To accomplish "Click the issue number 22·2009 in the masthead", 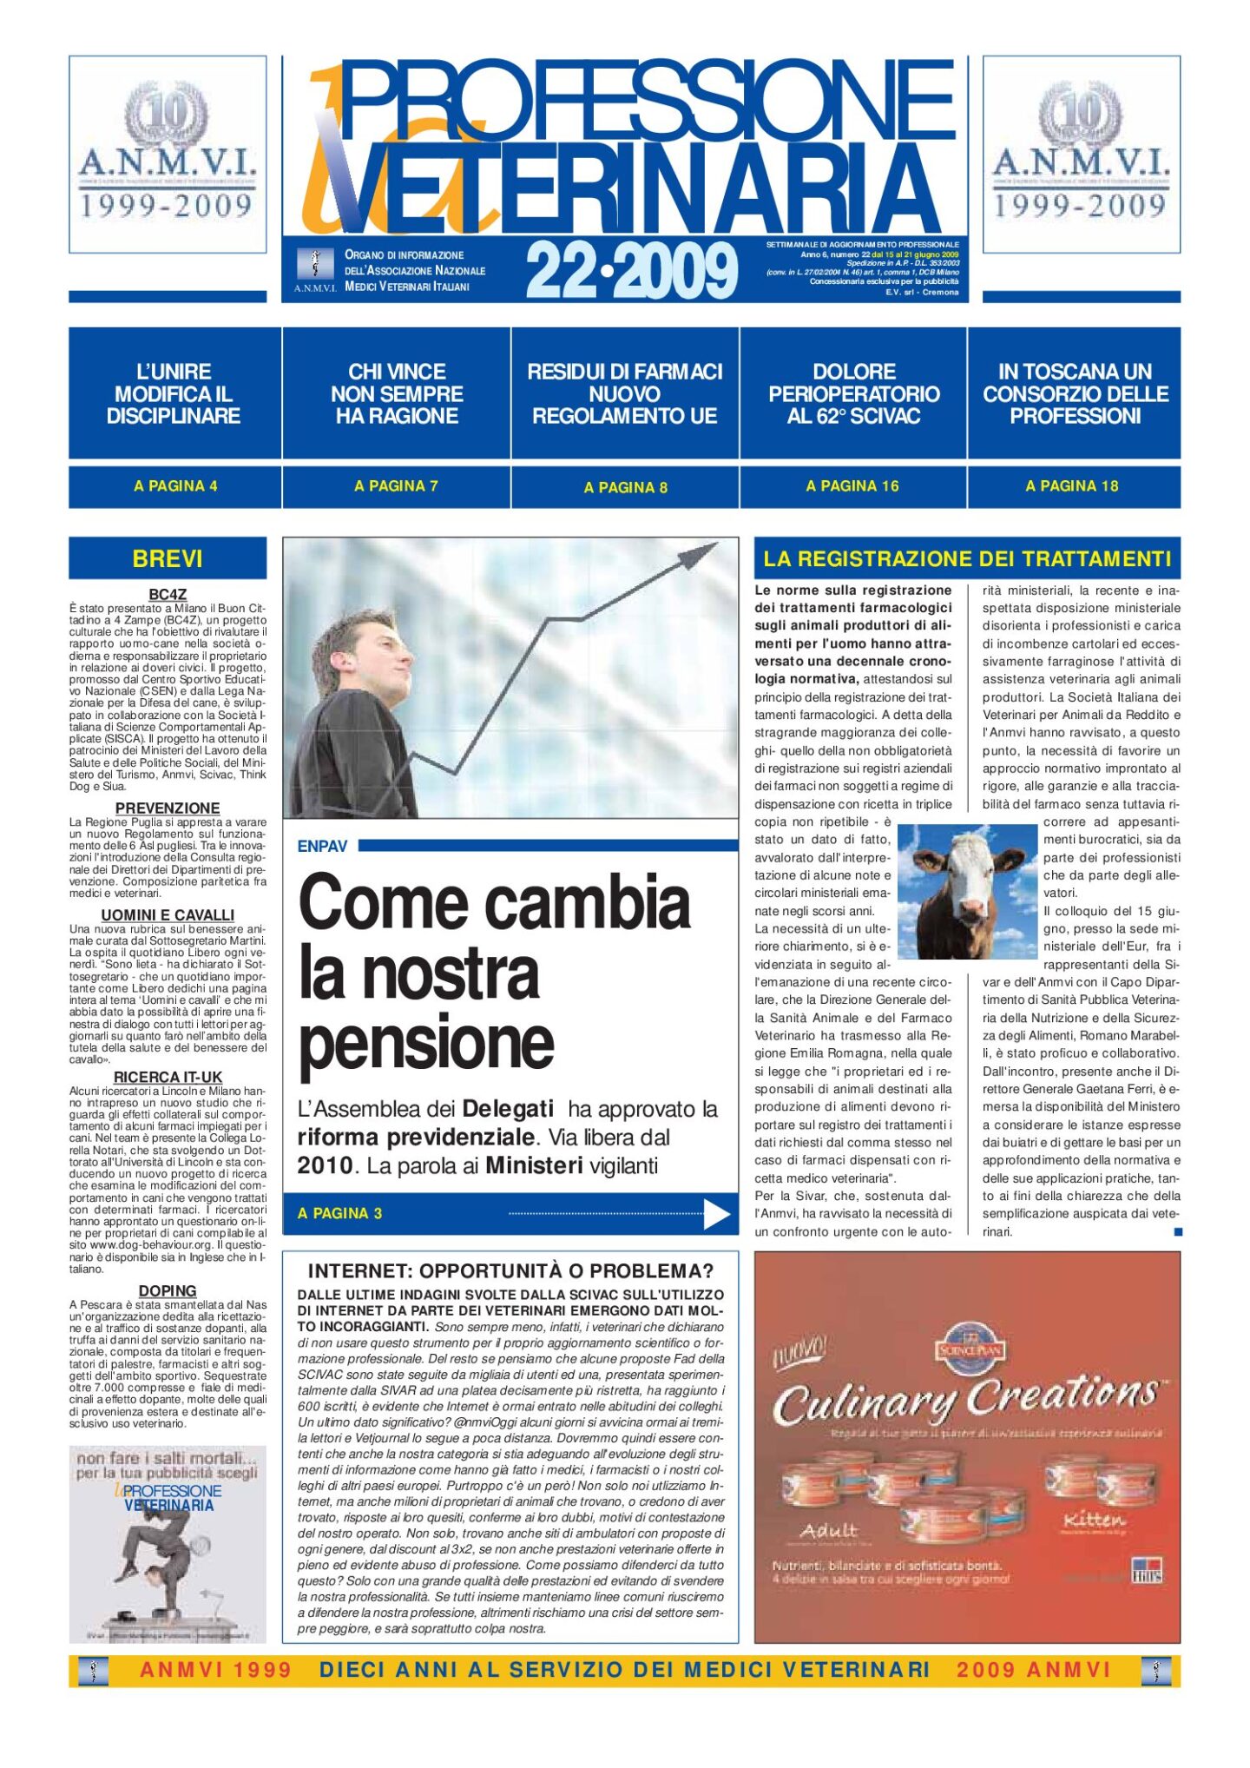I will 631,271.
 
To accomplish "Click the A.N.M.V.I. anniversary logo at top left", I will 168,154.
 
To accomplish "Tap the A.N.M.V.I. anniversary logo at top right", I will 1081,154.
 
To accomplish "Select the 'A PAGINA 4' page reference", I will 175,486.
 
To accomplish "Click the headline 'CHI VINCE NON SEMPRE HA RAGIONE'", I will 397,393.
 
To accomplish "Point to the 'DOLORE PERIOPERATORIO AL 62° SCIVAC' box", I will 853,393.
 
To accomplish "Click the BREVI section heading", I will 168,558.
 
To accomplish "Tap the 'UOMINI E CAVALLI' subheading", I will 168,915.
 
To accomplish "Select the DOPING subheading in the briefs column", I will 168,1291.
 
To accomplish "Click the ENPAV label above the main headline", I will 322,847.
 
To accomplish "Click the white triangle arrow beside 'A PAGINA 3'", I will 716,1214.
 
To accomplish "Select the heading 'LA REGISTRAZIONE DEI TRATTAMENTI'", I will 967,558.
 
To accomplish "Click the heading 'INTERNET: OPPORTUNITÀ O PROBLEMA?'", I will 510,1271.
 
